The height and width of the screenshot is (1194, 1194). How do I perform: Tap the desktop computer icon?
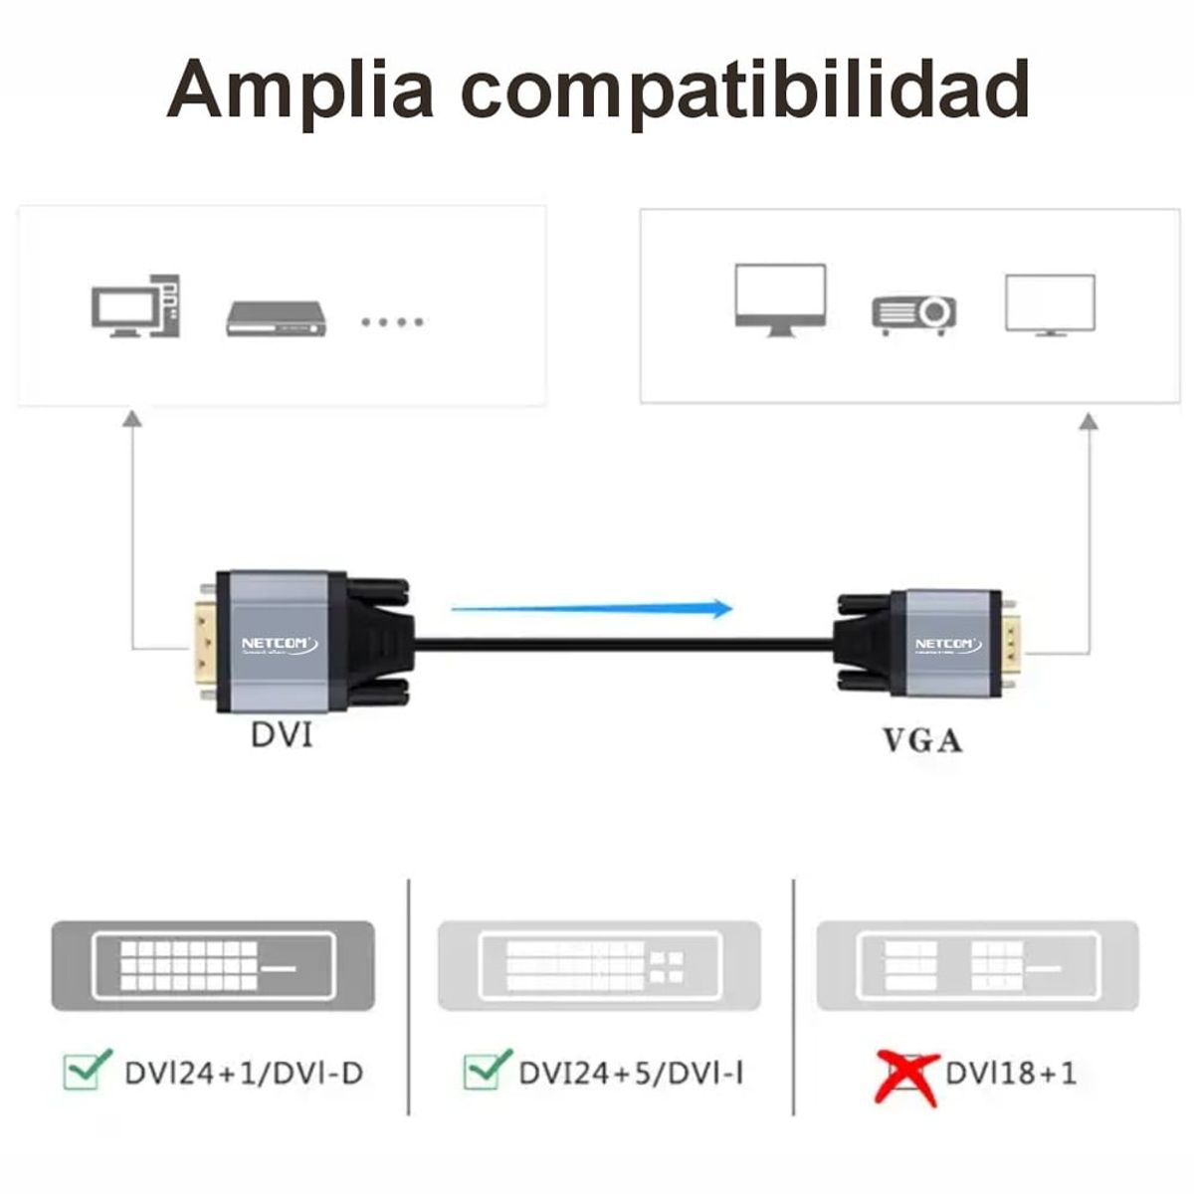coord(136,306)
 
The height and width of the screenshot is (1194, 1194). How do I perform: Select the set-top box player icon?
coord(277,317)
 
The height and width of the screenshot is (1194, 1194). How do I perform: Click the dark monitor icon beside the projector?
coord(780,298)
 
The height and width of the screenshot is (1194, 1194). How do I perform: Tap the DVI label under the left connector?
coord(281,735)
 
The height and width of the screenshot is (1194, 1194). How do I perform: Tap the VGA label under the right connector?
coord(922,740)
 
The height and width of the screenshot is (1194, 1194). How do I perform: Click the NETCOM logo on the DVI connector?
coord(280,645)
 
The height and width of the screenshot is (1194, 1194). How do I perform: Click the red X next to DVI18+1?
coord(904,1076)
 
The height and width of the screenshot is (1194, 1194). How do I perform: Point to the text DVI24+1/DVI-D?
coord(244,1073)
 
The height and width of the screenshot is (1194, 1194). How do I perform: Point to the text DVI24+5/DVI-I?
coord(631,1073)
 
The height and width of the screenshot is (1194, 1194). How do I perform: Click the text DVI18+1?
coord(1010,1073)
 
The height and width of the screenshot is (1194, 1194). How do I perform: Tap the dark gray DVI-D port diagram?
coord(213,966)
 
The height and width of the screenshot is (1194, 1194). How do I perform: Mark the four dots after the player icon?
coord(392,321)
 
